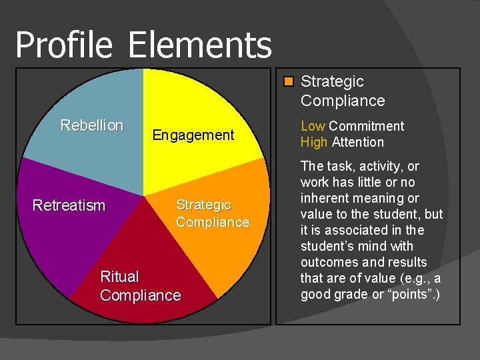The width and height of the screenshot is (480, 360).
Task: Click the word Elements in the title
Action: [199, 45]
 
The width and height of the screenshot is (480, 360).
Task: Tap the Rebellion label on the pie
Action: [91, 125]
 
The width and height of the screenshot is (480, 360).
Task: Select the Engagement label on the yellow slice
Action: [193, 135]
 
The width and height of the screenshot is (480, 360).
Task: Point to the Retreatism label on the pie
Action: [69, 205]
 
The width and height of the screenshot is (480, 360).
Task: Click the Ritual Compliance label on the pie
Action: [140, 286]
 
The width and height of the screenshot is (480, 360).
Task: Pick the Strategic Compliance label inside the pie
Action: [212, 213]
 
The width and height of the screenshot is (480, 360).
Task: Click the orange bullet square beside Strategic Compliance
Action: [288, 82]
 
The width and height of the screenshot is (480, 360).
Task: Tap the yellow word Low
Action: [313, 126]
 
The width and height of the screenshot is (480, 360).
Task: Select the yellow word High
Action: [314, 142]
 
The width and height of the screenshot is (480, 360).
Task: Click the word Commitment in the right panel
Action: [367, 126]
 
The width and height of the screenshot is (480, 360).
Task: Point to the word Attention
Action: [358, 142]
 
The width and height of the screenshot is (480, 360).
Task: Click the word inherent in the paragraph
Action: [326, 198]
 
